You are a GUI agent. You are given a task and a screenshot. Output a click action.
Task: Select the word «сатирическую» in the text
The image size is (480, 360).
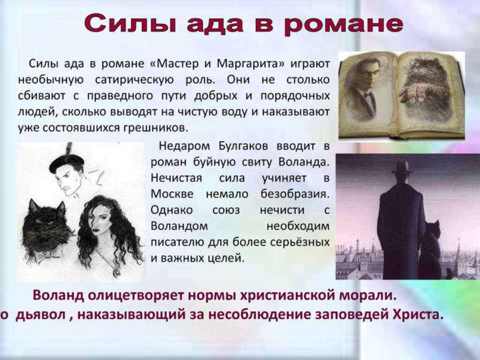coord(135,80)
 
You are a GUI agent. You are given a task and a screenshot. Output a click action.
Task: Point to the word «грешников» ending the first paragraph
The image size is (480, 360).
coord(156,127)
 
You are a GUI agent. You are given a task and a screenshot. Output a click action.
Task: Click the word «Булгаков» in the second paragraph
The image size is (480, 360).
coord(243,146)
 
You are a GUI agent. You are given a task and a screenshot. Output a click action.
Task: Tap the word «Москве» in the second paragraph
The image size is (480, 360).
coord(172,194)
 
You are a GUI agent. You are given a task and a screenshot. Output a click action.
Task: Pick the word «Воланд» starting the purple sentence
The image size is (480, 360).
coord(58,295)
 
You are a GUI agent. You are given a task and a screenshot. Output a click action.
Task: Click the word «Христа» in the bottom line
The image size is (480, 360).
coord(418,315)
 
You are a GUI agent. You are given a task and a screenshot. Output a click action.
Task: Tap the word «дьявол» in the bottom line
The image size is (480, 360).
coord(40,315)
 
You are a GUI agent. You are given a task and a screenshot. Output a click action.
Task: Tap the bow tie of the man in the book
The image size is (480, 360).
coord(369,94)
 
